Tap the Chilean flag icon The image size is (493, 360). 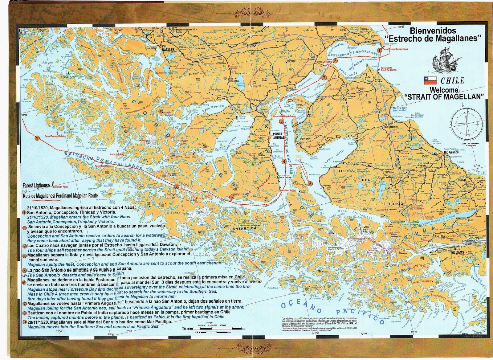430,80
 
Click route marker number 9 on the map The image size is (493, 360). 37,138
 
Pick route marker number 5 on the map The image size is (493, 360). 310,183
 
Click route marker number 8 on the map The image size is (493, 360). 176,186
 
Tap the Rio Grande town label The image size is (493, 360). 451,152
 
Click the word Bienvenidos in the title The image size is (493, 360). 428,31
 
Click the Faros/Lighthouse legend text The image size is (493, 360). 36,186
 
